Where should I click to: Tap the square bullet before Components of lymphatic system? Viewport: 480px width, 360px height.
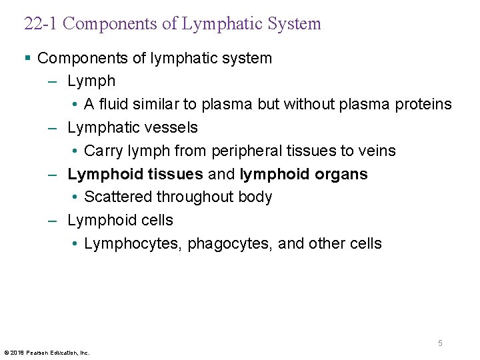tap(27, 58)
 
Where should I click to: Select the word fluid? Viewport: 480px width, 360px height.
tap(111, 105)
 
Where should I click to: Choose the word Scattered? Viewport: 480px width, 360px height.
tap(118, 197)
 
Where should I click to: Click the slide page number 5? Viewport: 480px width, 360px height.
tap(440, 343)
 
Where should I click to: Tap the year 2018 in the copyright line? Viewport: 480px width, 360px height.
tap(17, 352)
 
